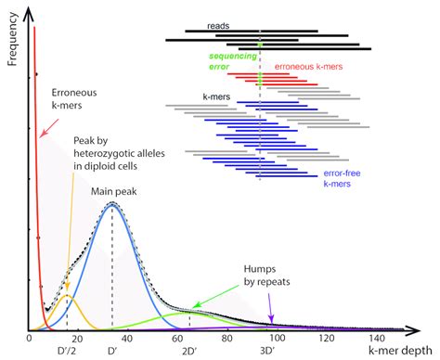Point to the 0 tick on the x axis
[29, 340]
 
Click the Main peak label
[114, 190]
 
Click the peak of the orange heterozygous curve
[68, 297]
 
